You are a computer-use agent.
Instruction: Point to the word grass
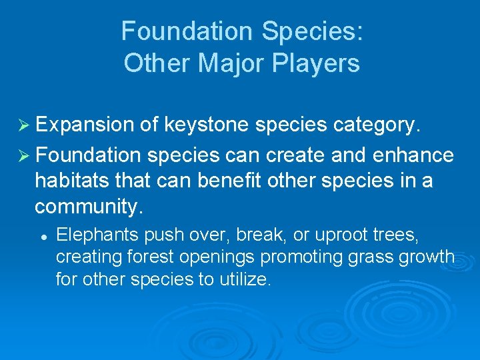368,257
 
